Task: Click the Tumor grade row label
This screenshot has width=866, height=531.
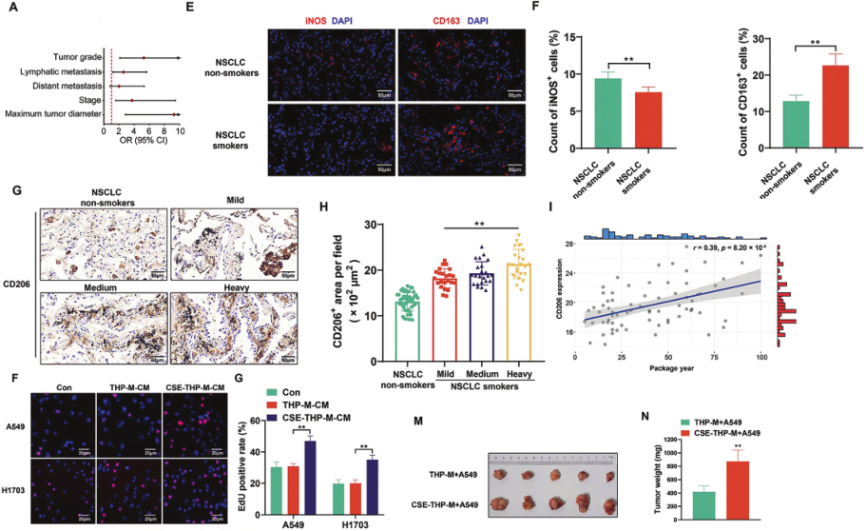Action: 67,58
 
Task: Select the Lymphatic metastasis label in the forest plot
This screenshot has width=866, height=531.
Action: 56,72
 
